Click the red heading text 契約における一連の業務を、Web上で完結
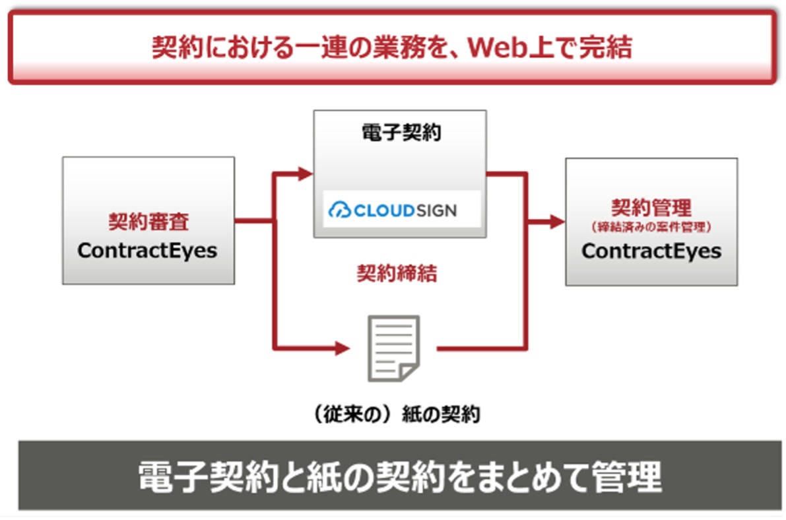[x=391, y=48]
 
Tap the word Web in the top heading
[x=497, y=48]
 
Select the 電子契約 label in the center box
[x=401, y=133]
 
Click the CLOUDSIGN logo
[x=393, y=210]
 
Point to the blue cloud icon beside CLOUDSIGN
[x=339, y=210]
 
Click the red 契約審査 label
[x=148, y=221]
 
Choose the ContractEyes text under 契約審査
[x=147, y=250]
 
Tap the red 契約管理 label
[x=651, y=207]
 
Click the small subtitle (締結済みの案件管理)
[x=651, y=227]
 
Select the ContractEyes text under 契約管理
[x=651, y=251]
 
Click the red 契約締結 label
[x=397, y=273]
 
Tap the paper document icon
[x=393, y=348]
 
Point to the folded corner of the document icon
[x=409, y=373]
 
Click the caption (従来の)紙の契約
[x=397, y=414]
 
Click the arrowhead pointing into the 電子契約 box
[x=305, y=174]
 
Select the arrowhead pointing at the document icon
[x=343, y=348]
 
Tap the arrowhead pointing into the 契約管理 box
[x=557, y=221]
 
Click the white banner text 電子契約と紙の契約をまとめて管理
[x=399, y=476]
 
